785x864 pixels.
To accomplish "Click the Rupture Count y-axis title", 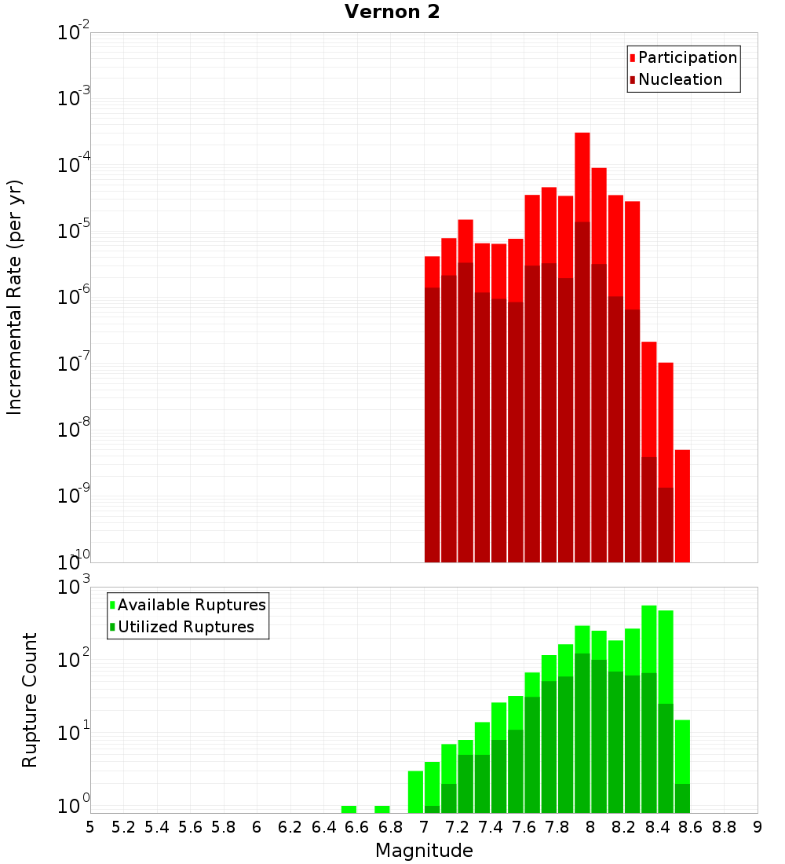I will [30, 699].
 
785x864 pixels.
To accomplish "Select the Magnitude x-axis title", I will [424, 851].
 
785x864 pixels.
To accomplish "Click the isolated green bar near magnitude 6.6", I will [349, 809].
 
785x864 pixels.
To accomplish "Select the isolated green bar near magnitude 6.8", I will [382, 809].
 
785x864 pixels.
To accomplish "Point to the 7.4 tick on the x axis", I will [491, 827].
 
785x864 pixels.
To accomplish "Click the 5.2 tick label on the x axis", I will [124, 827].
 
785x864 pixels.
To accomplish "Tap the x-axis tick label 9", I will [757, 827].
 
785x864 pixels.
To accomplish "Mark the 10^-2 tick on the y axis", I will [74, 34].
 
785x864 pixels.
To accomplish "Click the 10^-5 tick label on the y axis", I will [74, 232].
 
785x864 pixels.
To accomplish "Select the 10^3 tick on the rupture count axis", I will [74, 587].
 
